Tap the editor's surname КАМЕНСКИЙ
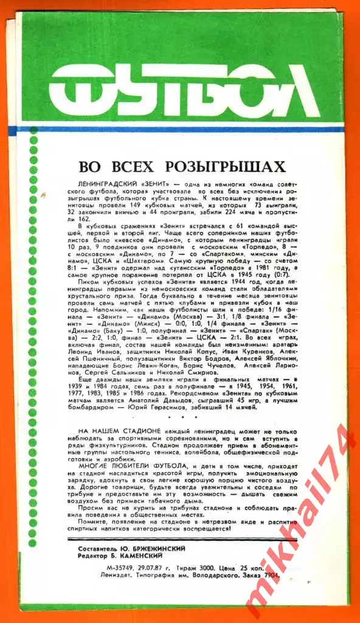tap(148, 556)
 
